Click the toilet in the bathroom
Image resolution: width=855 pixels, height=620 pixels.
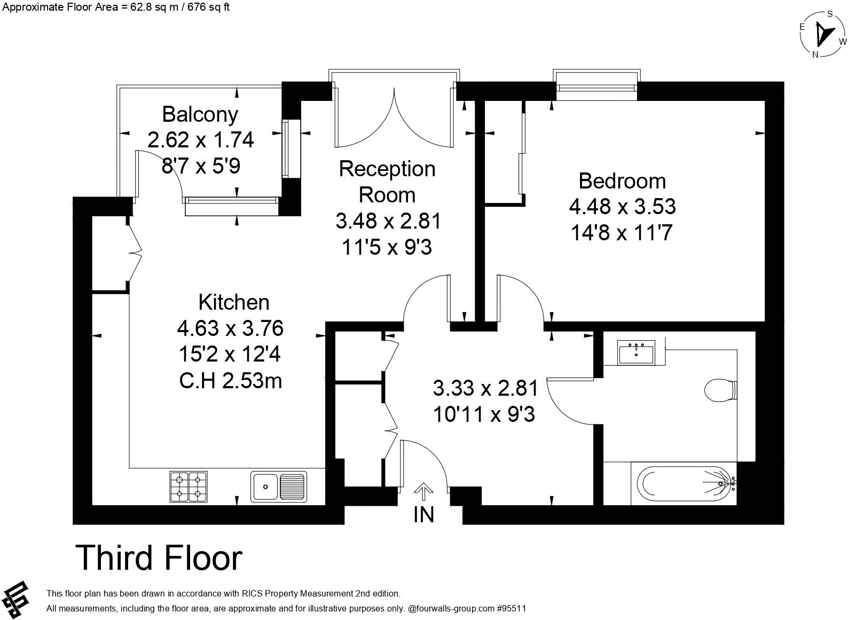720,390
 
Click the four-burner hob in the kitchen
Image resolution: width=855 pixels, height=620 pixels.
189,486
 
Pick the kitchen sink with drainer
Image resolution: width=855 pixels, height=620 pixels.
279,486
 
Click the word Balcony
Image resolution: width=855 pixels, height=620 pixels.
200,114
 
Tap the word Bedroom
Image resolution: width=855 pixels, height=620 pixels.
622,181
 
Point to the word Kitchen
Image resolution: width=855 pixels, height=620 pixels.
234,302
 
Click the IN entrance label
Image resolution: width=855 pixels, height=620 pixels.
423,515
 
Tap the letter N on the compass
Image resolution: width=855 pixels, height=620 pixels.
815,54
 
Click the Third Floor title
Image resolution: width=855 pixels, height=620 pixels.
159,558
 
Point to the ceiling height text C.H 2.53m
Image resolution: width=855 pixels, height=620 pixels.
231,381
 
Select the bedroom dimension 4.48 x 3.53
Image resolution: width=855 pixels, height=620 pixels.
622,207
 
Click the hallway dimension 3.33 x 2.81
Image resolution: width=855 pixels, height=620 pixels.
485,388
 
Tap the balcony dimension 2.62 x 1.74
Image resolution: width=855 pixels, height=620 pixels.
200,140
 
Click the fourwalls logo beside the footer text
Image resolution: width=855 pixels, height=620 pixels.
15,600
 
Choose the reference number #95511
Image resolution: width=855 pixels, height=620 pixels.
512,608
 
